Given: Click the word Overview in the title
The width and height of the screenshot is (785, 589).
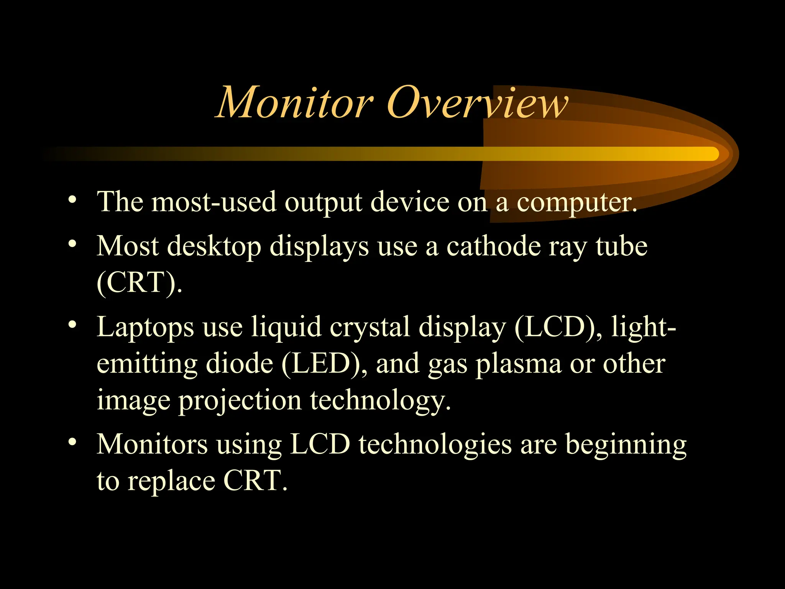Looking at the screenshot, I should click(x=477, y=103).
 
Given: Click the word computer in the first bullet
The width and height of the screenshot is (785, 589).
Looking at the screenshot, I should click(x=576, y=202).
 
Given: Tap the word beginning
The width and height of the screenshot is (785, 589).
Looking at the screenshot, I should click(x=626, y=445).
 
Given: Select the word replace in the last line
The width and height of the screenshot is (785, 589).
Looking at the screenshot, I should click(x=171, y=482).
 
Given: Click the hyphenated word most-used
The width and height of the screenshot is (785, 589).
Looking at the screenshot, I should click(x=214, y=202).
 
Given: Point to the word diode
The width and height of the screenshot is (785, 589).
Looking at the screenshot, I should click(x=240, y=364).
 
